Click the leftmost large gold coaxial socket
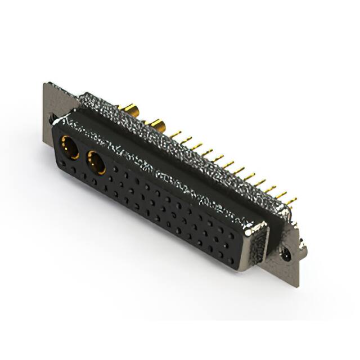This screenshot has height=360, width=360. click(70, 147)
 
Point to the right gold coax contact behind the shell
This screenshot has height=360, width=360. click(156, 125)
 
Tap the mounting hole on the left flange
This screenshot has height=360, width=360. click(52, 119)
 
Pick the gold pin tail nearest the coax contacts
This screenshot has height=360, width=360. click(175, 135)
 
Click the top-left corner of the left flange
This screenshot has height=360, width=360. click(45, 84)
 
